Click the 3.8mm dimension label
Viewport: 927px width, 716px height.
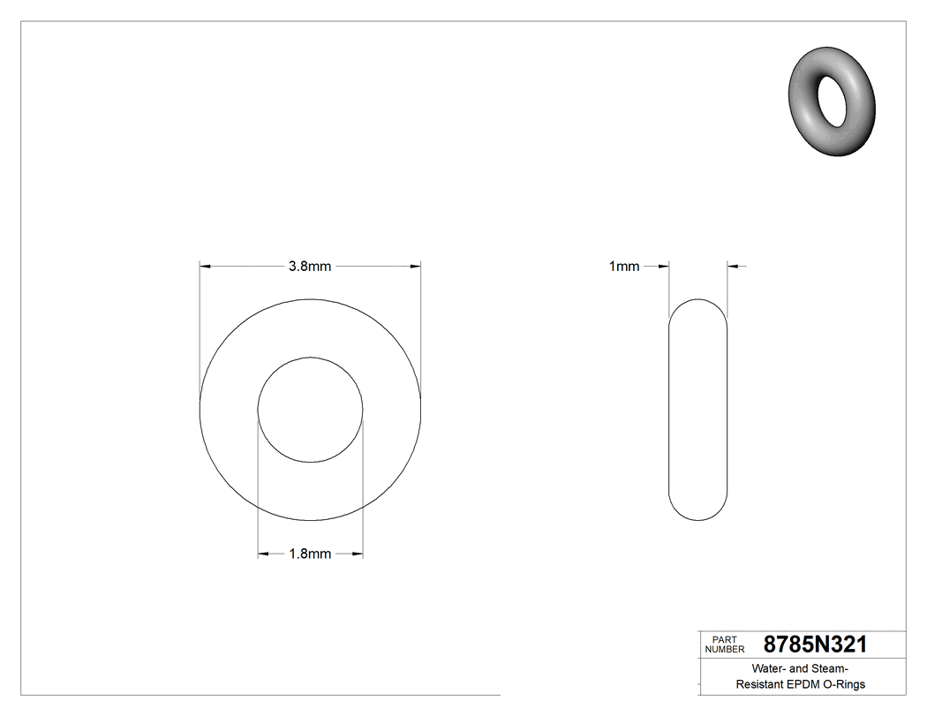[x=310, y=266]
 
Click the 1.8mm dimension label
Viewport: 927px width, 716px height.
[x=310, y=554]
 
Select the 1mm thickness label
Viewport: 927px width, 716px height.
[x=624, y=266]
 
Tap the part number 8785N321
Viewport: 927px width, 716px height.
[x=815, y=644]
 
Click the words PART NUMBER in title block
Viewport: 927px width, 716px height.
[x=720, y=644]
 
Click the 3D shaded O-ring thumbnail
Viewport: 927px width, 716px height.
[x=833, y=103]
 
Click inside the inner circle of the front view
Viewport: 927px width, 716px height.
[x=310, y=410]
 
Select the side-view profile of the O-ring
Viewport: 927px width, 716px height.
[x=698, y=410]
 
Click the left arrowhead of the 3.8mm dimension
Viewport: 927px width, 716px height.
[x=205, y=265]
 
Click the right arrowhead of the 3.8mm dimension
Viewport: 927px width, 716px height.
[x=415, y=265]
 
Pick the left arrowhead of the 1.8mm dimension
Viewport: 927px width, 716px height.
[x=262, y=554]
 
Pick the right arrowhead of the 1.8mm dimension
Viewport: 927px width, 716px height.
[x=358, y=554]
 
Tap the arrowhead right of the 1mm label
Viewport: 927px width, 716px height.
[x=665, y=265]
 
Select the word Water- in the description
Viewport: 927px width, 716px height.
[x=770, y=668]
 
